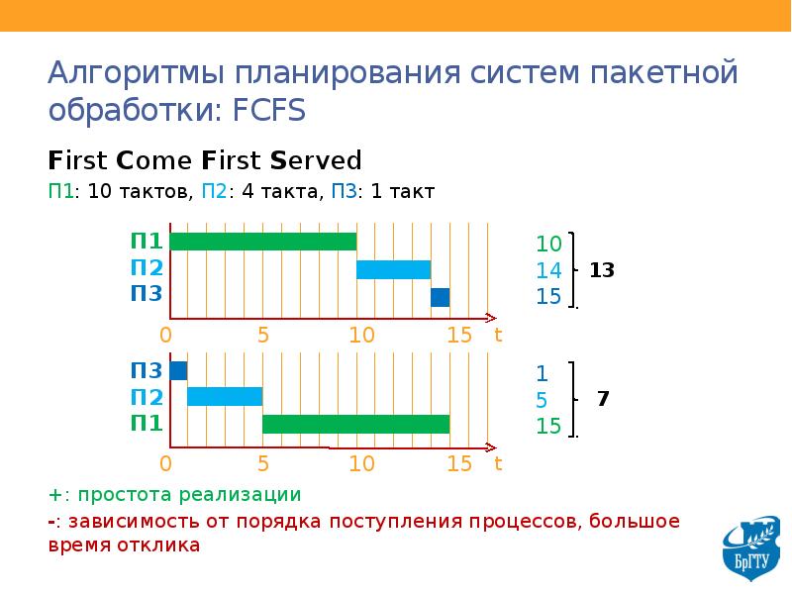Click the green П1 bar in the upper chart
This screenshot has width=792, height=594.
(263, 242)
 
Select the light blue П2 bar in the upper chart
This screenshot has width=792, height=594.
(393, 269)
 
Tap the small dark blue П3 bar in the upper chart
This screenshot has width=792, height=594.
(440, 297)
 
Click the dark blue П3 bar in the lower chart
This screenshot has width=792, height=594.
(178, 371)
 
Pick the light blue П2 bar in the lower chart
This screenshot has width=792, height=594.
(225, 397)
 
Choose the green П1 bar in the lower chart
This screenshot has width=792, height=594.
(355, 424)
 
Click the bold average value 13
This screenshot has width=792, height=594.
(602, 269)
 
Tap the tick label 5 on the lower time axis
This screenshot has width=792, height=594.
(263, 462)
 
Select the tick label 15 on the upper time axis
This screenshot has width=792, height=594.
(458, 335)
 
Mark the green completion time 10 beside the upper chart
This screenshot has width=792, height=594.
(548, 244)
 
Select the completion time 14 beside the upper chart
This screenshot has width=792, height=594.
(548, 270)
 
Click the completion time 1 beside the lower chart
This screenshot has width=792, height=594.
(542, 373)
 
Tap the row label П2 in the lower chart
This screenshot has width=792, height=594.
(147, 397)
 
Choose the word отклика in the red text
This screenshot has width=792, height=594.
(159, 544)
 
